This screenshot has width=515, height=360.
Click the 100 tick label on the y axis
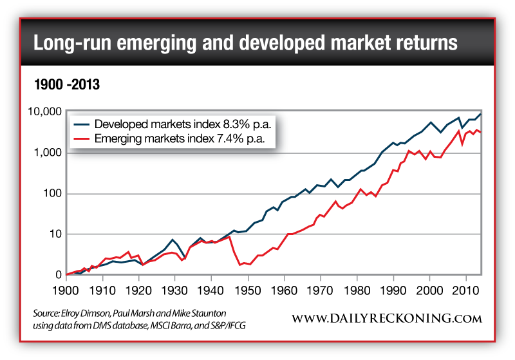[51, 194]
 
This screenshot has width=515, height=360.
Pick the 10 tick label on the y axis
[54, 234]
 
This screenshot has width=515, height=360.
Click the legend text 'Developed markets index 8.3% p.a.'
[180, 124]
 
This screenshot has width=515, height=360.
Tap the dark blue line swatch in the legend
[81, 124]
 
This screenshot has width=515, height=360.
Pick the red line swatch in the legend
[81, 137]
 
